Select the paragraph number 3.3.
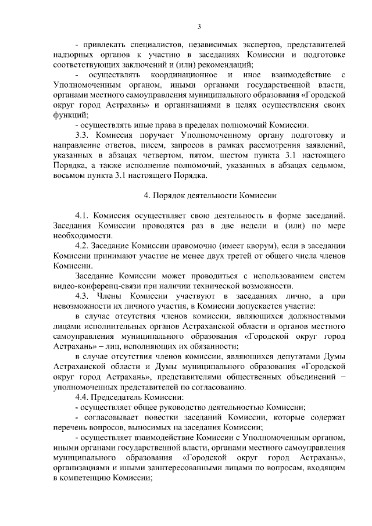tap(83, 135)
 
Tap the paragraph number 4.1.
tap(83, 216)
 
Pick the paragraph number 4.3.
tap(83, 296)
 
